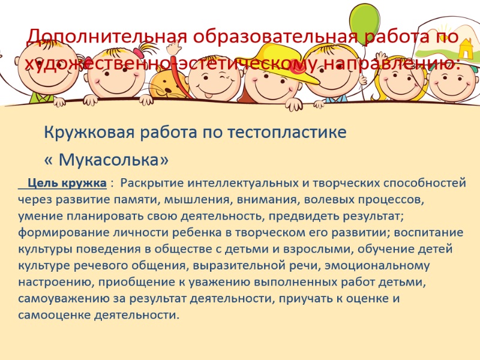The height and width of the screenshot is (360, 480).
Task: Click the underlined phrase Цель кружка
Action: (x=67, y=183)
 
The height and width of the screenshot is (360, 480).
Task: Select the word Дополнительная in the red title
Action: (x=107, y=37)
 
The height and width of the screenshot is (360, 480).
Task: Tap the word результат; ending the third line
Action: (x=373, y=216)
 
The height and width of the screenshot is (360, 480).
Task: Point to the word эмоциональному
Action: (x=377, y=266)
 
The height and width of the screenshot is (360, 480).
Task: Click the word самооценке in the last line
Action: (x=54, y=315)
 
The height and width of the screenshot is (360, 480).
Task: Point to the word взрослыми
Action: (x=319, y=249)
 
